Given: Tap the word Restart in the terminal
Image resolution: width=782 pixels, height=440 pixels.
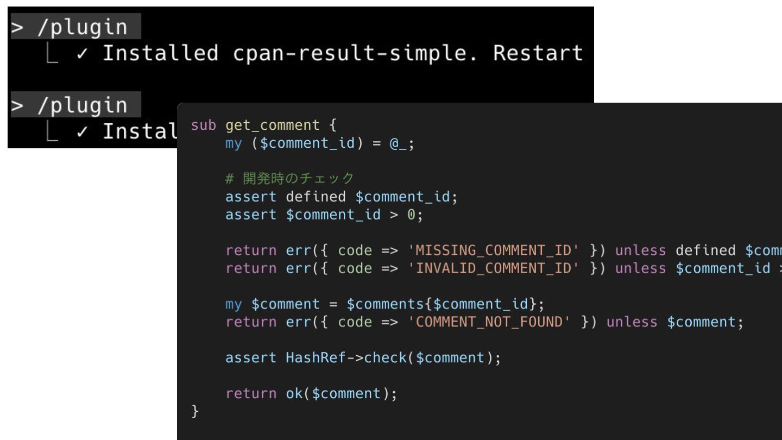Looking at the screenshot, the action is (x=538, y=53).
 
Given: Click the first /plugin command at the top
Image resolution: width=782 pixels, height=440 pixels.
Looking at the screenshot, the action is (x=81, y=27).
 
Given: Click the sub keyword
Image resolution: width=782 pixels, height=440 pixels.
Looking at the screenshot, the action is (x=204, y=125).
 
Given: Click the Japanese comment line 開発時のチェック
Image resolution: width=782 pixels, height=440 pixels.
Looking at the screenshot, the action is (x=289, y=178).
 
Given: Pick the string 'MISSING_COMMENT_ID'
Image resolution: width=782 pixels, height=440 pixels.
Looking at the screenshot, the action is (x=493, y=250).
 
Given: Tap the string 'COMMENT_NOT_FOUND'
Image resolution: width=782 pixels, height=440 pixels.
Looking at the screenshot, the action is (x=489, y=322).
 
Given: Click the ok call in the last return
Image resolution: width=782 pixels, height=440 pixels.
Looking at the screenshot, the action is (x=294, y=394).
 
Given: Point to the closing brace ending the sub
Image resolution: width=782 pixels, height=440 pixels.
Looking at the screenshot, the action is (x=195, y=411).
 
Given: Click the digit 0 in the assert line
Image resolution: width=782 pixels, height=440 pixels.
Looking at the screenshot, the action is (x=411, y=215).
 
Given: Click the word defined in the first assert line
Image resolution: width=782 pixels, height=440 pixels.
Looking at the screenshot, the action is (x=316, y=197).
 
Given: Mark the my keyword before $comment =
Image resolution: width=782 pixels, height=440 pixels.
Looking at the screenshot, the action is (x=234, y=304).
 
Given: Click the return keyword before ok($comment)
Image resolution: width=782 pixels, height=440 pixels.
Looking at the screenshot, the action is (x=251, y=394).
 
